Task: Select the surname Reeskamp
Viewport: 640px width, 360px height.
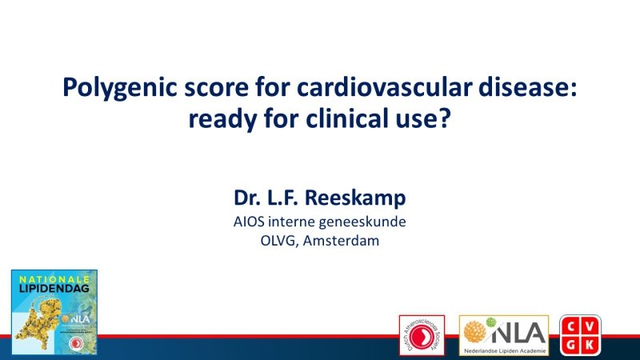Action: tap(355, 198)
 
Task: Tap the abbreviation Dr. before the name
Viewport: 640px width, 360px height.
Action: tap(248, 198)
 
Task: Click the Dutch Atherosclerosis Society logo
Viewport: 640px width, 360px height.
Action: tap(425, 335)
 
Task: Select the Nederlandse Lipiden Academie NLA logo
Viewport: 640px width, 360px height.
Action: tap(503, 335)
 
